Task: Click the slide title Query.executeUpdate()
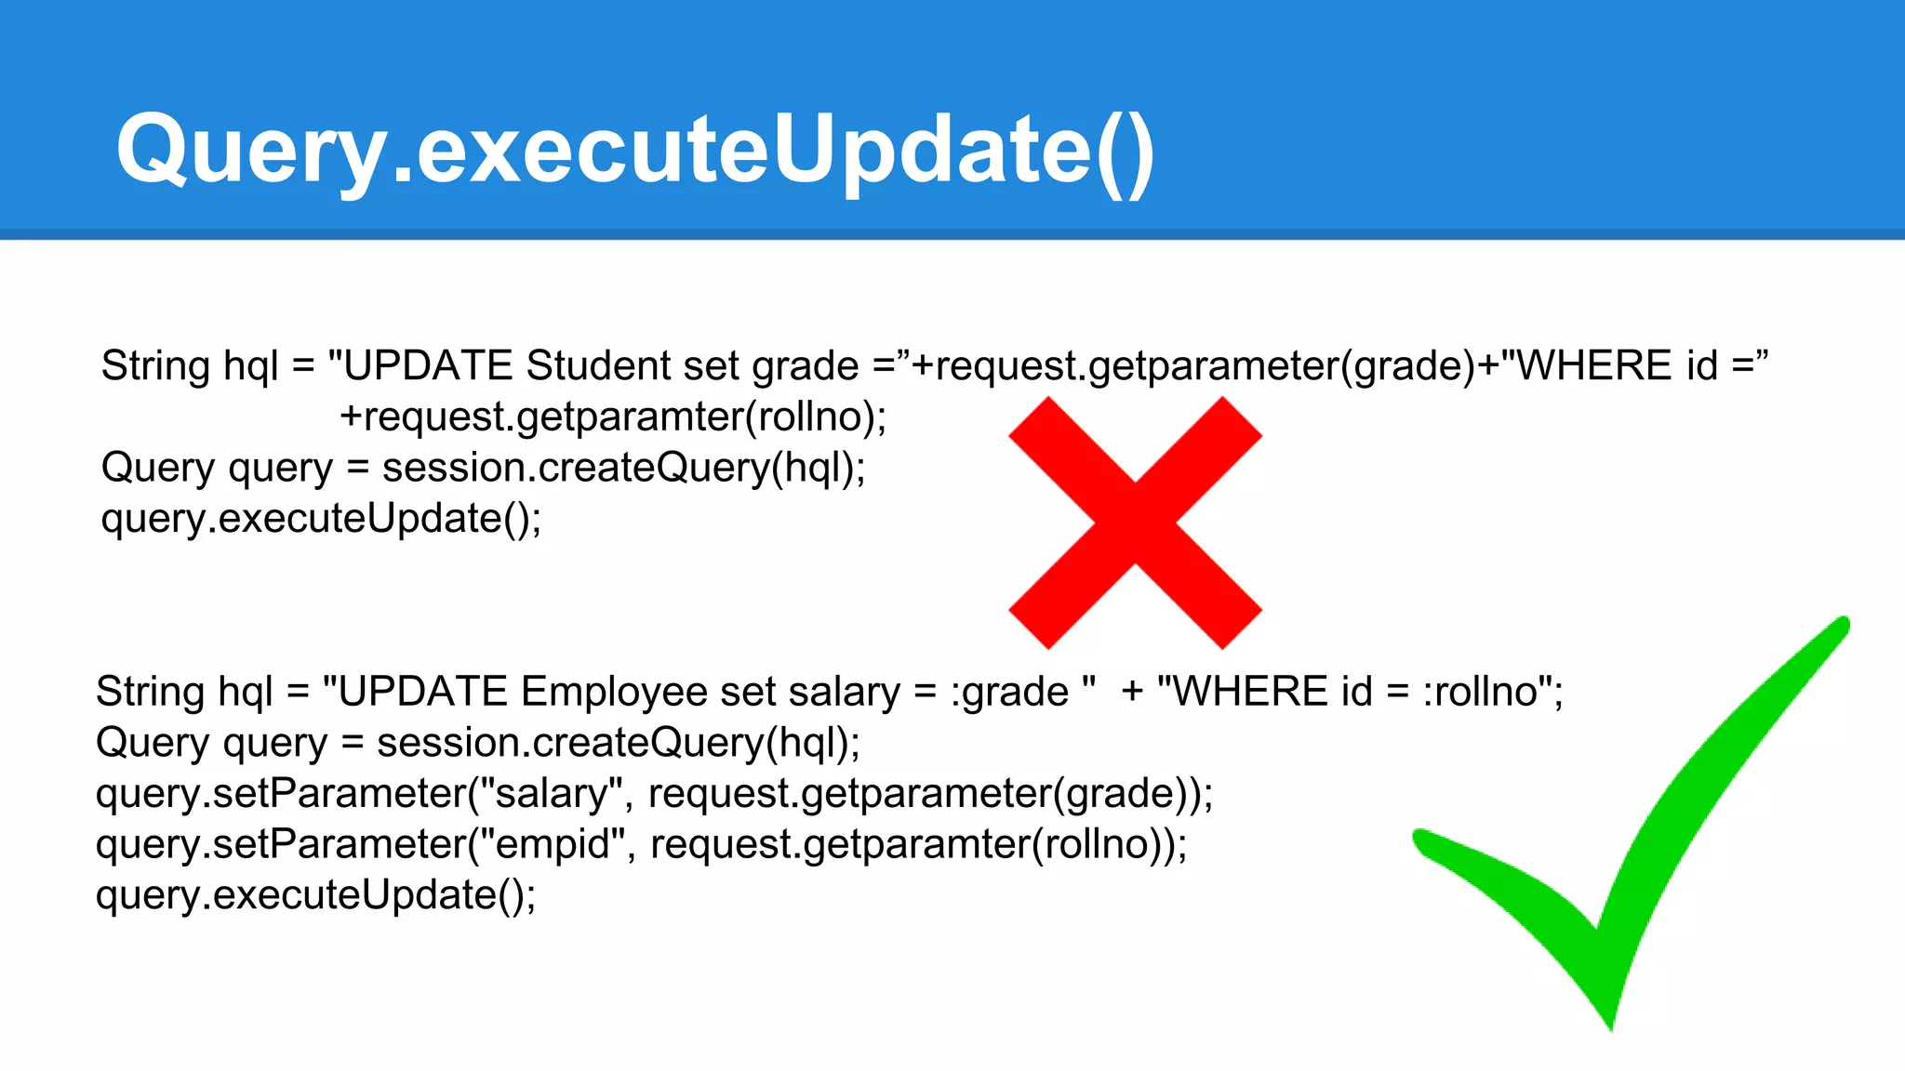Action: click(635, 149)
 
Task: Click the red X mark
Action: click(1135, 522)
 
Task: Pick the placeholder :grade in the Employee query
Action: click(1010, 692)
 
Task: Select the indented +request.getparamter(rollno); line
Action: click(613, 416)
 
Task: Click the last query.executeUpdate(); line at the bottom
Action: click(316, 895)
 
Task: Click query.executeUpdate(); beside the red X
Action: click(321, 519)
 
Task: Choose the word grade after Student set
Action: click(806, 365)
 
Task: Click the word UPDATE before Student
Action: click(428, 365)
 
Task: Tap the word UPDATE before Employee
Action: click(423, 692)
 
